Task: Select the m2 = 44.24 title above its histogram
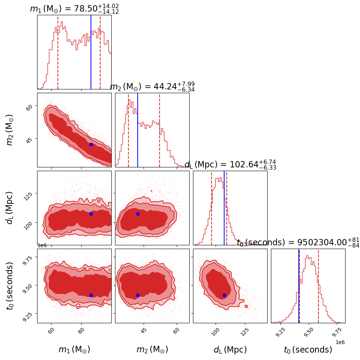pos(152,87)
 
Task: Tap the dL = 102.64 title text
pos(230,165)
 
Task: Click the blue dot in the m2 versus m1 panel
pos(91,144)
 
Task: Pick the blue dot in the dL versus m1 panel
pos(91,214)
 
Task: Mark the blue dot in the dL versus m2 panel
pos(138,214)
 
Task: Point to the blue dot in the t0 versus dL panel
pos(224,295)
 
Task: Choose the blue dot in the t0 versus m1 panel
pos(91,295)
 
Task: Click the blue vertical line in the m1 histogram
pos(91,52)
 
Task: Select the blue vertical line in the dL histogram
pos(224,208)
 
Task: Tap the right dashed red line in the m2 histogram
pos(160,130)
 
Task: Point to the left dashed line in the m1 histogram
pos(58,52)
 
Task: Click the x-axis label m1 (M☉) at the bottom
pos(74,350)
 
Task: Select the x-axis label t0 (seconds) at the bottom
pos(308,350)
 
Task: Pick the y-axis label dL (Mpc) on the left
pos(10,208)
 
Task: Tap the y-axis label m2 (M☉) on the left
pos(10,130)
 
